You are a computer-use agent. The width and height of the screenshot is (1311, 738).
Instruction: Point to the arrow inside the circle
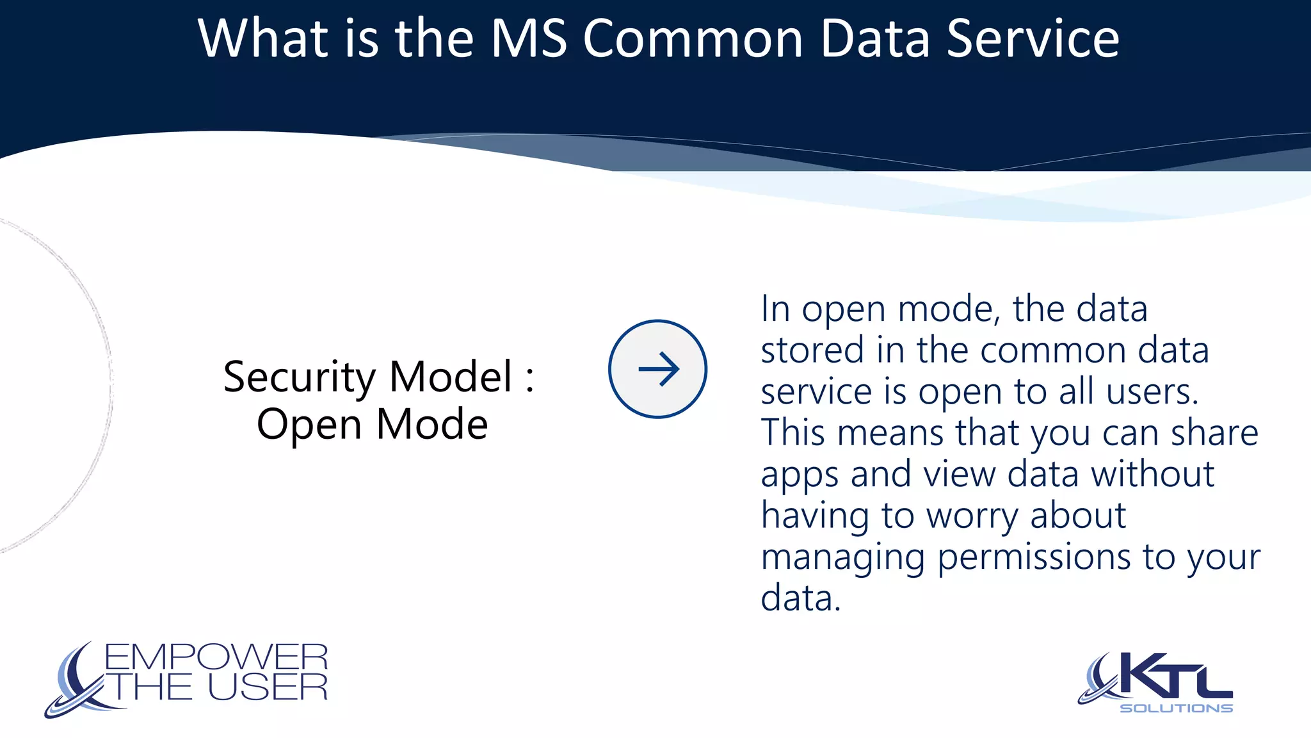tap(658, 369)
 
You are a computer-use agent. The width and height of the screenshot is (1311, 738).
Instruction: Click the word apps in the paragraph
tap(800, 476)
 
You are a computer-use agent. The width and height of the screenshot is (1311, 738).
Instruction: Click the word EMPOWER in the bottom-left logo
tap(216, 657)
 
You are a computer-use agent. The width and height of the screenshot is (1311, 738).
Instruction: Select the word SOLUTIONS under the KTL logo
tap(1176, 708)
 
